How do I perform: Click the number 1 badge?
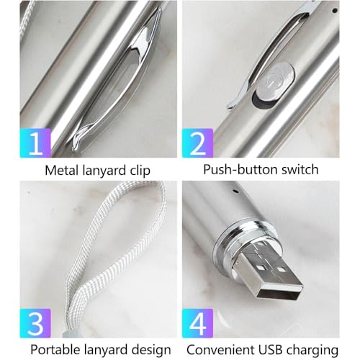35,143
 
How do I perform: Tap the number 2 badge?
198,143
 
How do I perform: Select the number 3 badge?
35,323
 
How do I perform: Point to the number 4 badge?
198,323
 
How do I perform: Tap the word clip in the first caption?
140,171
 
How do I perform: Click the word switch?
300,169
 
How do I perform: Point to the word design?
151,350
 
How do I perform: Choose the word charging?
312,351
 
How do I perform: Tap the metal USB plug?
271,272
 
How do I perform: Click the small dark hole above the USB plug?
236,192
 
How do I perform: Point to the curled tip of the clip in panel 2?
231,106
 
